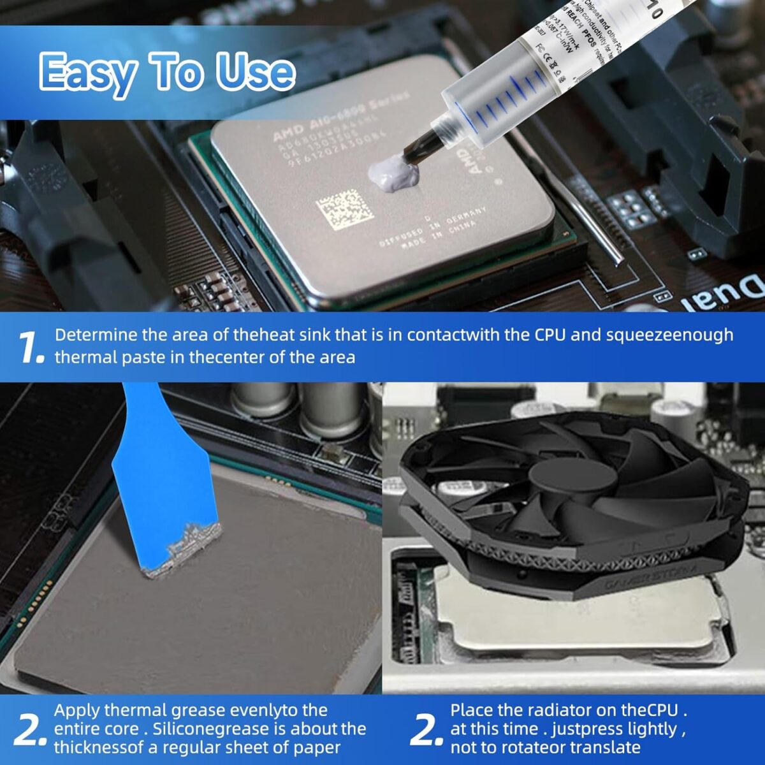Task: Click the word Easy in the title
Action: coord(87,72)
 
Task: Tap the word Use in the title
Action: coord(255,72)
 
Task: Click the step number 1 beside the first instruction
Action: coord(31,347)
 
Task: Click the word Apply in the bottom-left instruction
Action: coord(76,710)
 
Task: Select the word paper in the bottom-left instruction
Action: coord(319,747)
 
